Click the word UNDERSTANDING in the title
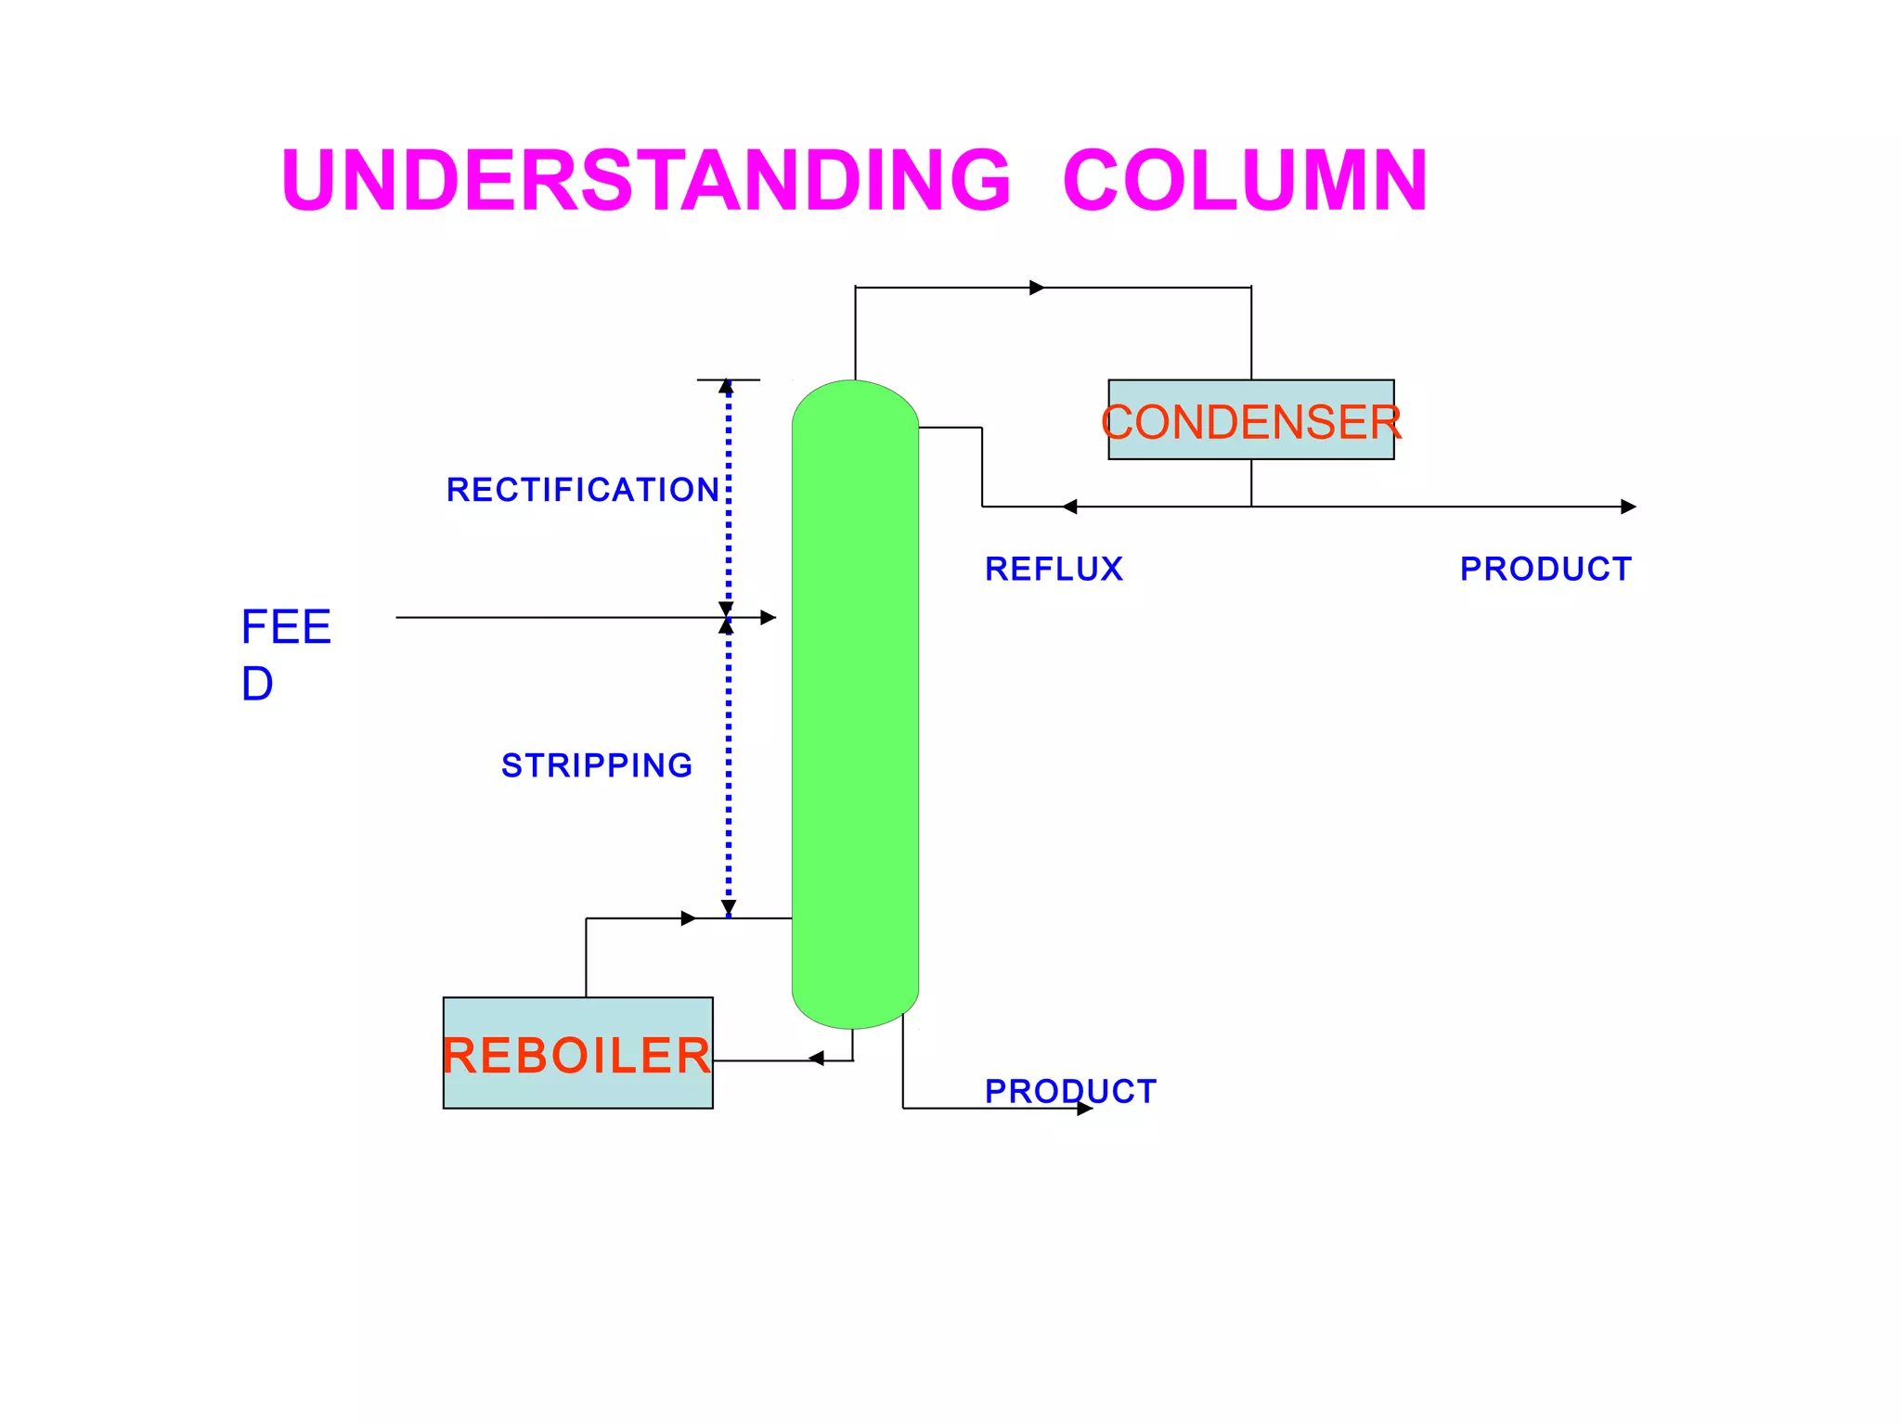[x=645, y=180]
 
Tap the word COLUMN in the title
[x=1245, y=180]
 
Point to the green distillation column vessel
[x=855, y=705]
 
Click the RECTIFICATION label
[x=583, y=490]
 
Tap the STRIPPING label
[x=597, y=765]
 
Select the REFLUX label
[x=1054, y=569]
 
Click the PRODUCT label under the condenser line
[x=1545, y=569]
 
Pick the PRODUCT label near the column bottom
[x=1070, y=1091]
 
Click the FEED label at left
[x=285, y=654]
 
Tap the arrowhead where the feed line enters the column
[x=769, y=618]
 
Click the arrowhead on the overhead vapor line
[x=1037, y=288]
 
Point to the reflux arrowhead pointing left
[x=1069, y=507]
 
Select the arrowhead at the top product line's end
[x=1628, y=507]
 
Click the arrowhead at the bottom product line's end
[x=1085, y=1109]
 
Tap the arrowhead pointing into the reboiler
[x=816, y=1059]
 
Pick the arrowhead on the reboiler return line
[x=689, y=918]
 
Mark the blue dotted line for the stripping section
[x=729, y=770]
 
